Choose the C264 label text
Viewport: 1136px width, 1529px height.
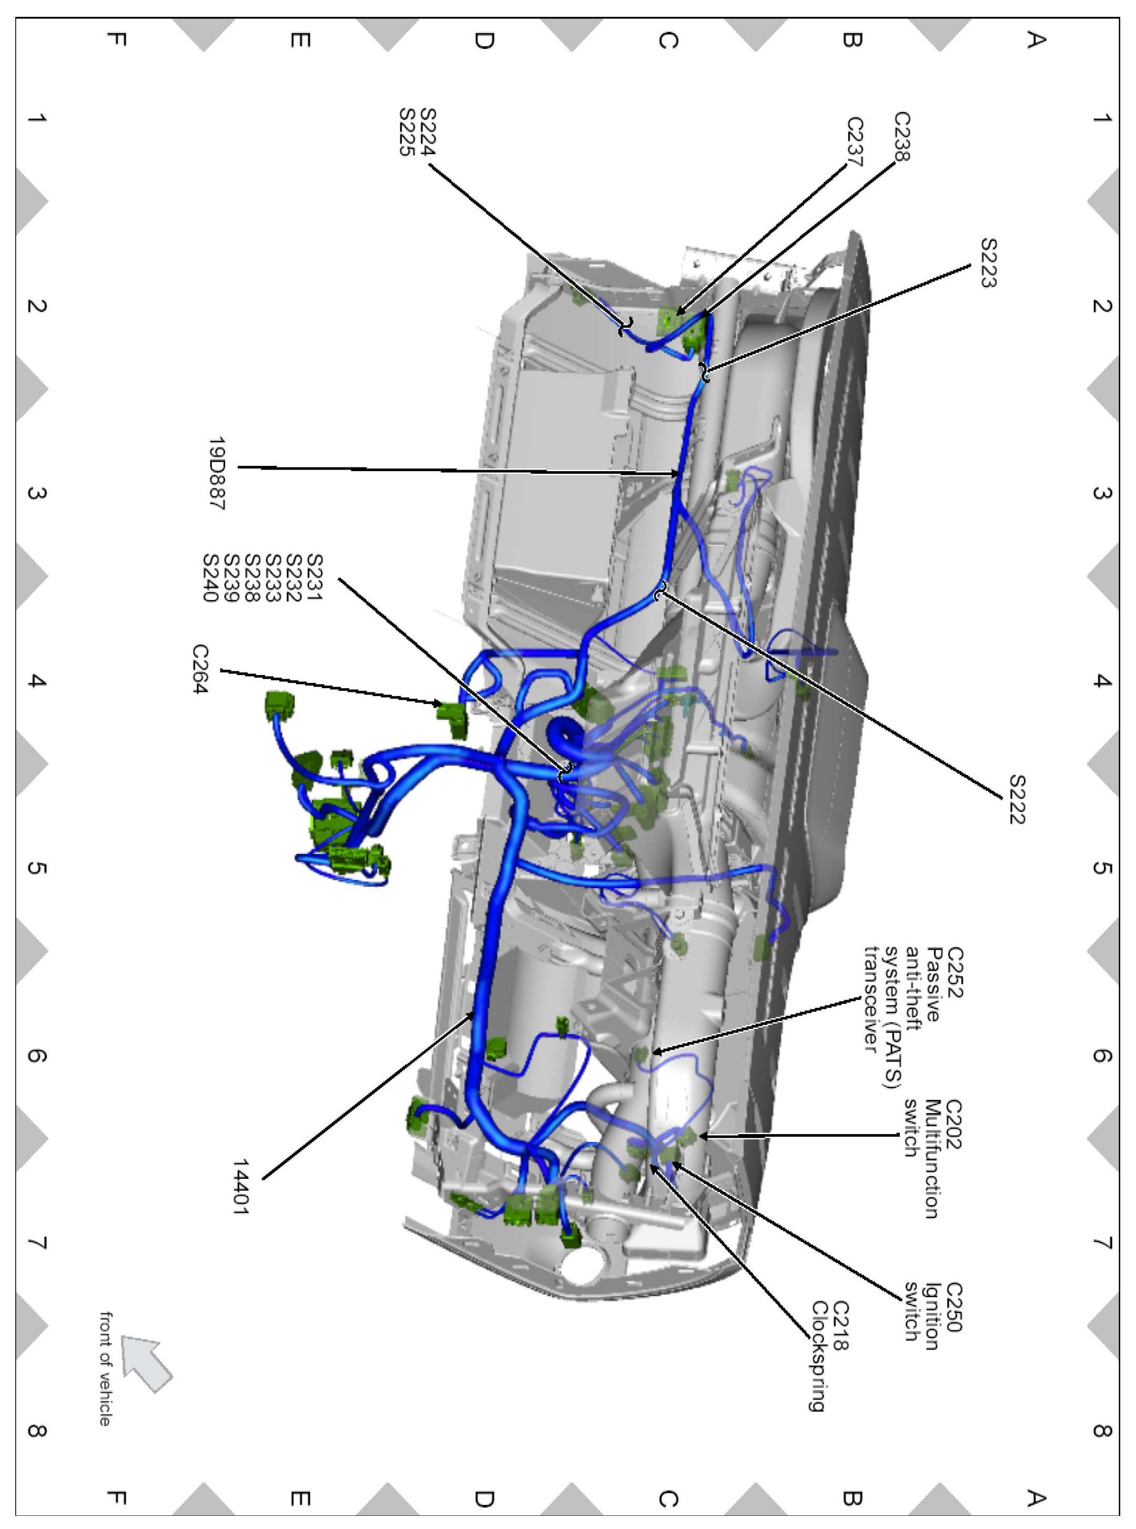(x=199, y=668)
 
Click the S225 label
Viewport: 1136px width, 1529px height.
(x=407, y=132)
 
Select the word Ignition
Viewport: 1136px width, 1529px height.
(x=932, y=1316)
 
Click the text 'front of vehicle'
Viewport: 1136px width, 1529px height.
(x=105, y=1368)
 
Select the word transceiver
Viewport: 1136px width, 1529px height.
(x=871, y=998)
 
